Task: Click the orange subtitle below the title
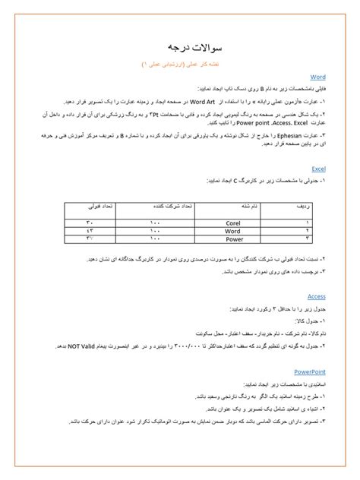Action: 180,65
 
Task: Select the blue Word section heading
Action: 317,77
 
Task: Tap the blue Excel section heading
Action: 318,169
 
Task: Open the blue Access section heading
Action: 316,296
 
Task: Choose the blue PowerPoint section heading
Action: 310,371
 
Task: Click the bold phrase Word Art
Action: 202,100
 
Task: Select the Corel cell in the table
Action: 232,222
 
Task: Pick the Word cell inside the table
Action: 232,230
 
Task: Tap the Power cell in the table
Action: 232,238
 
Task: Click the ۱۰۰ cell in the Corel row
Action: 156,222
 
